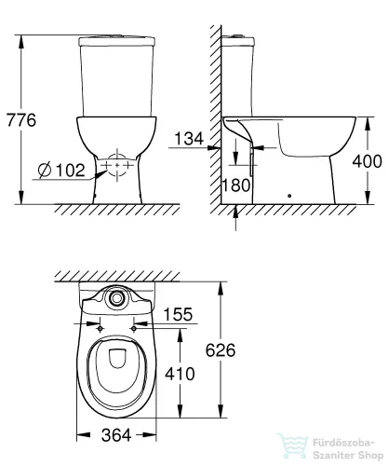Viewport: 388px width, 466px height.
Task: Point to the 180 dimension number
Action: (x=238, y=185)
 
